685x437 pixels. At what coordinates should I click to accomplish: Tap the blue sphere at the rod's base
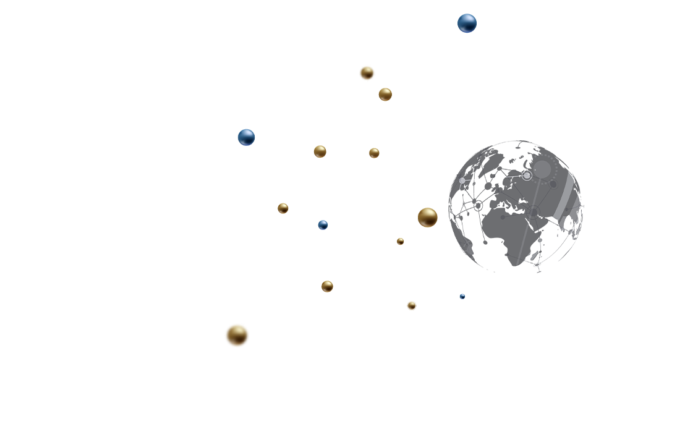coord(247,137)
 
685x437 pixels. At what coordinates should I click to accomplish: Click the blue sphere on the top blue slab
coord(467,24)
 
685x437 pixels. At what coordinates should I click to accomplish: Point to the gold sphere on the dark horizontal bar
coord(367,72)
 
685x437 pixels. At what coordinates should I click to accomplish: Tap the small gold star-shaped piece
coord(379,152)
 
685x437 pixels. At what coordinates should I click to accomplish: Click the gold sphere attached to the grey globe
coord(428,216)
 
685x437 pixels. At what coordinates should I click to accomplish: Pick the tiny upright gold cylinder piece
coord(399,239)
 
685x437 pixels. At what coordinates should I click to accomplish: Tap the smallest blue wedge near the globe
coord(465,293)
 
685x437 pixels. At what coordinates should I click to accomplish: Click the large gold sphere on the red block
coord(237,335)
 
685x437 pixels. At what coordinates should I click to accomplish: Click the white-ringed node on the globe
coord(527,176)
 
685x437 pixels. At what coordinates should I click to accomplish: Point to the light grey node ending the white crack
coord(462,180)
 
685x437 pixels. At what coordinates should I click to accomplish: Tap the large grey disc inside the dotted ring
coord(543,169)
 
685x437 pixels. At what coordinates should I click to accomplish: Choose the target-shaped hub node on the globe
coord(533,213)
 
